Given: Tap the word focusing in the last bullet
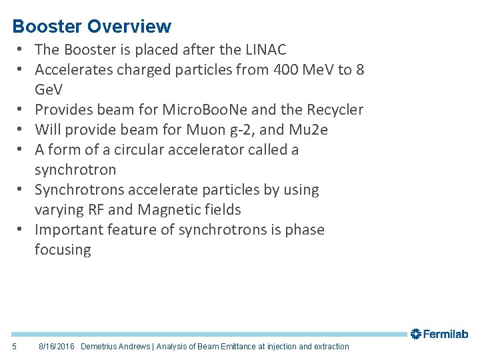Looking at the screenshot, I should click(63, 250).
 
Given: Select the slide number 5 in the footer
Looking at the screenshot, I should click(15, 347).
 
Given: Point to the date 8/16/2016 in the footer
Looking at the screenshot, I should click(57, 347).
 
